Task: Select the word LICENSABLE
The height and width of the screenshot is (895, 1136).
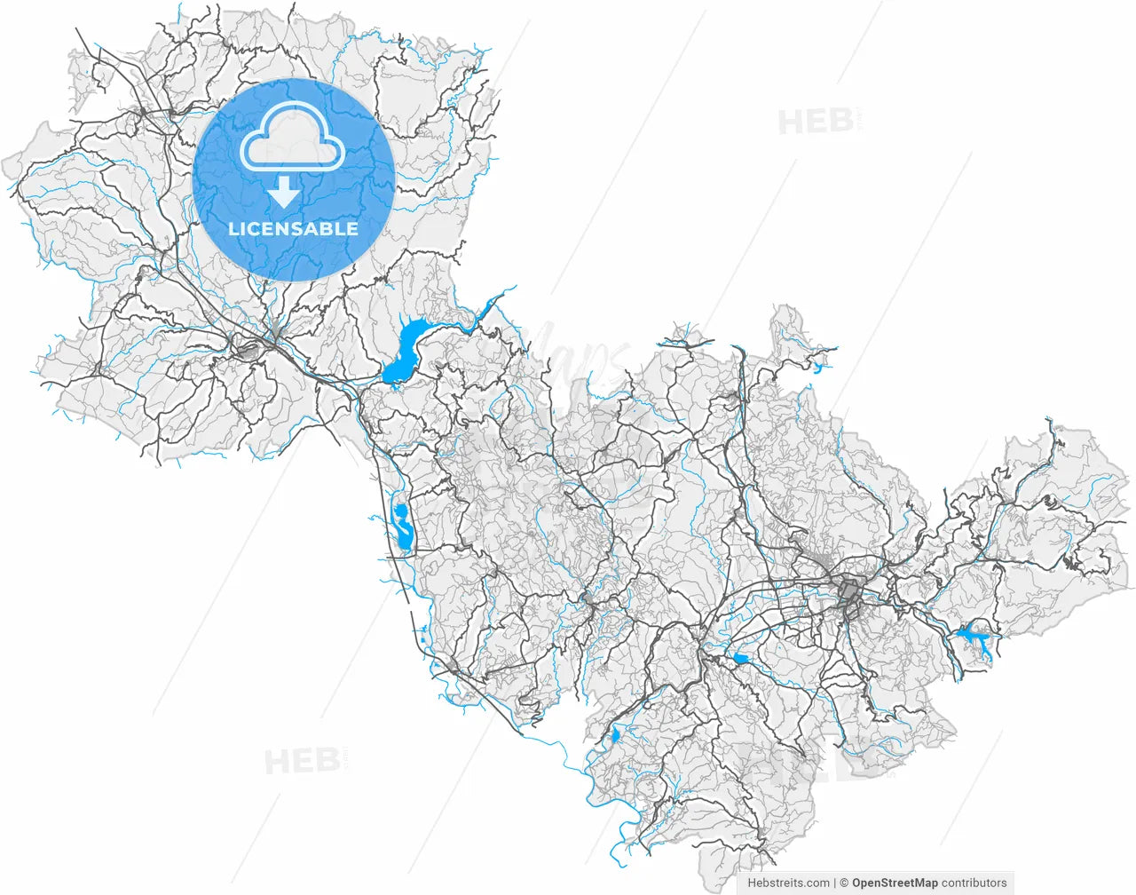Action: [x=294, y=228]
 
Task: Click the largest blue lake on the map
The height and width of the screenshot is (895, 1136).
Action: [x=405, y=351]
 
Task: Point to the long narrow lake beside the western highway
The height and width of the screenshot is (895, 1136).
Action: [x=401, y=527]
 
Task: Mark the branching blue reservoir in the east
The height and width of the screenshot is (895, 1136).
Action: [x=974, y=638]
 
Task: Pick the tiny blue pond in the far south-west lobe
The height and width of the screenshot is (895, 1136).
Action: [x=615, y=736]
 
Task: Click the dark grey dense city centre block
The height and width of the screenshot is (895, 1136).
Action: [x=849, y=591]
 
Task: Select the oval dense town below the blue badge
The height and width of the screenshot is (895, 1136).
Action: [x=248, y=352]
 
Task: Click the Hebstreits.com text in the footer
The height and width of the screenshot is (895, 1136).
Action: [x=789, y=883]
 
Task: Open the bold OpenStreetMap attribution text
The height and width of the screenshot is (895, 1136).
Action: [x=895, y=883]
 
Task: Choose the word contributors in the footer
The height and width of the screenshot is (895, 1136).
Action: [x=974, y=883]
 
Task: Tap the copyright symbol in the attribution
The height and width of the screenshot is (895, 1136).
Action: [x=844, y=883]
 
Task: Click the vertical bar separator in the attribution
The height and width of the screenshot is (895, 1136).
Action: [x=835, y=883]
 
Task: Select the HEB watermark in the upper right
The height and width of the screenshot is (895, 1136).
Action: [x=816, y=122]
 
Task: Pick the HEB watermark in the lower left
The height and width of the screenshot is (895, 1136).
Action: [x=302, y=761]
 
